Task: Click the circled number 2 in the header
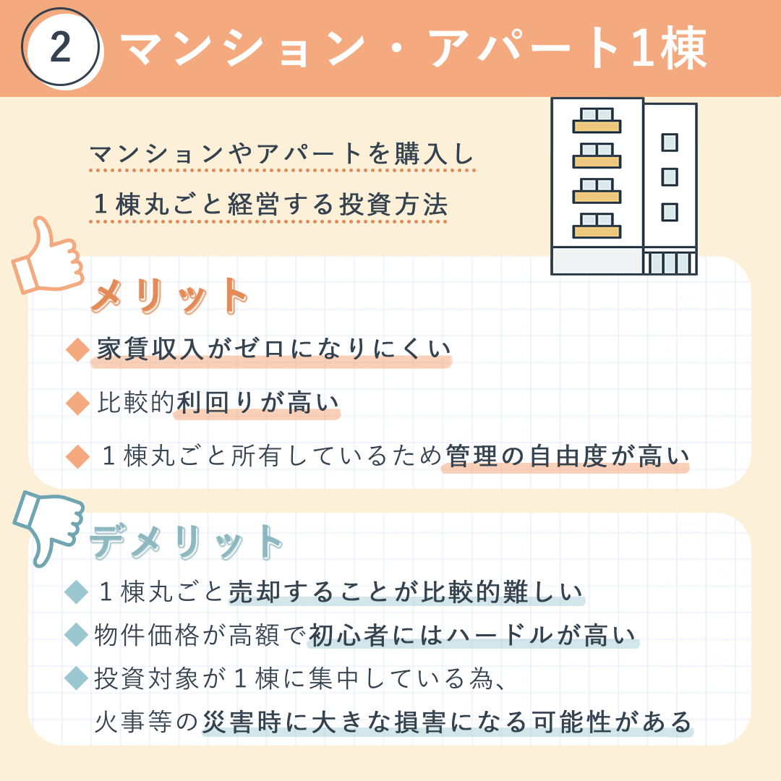[x=60, y=47]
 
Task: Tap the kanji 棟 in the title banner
[x=684, y=48]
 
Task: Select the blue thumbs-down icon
[x=48, y=528]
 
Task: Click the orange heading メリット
[x=169, y=296]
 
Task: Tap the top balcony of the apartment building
[x=597, y=121]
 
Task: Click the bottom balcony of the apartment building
[x=597, y=226]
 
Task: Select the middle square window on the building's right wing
[x=670, y=177]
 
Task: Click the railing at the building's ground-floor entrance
[x=670, y=263]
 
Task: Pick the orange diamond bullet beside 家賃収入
[x=77, y=349]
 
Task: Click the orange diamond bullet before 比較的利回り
[x=77, y=403]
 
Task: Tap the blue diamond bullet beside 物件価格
[x=77, y=635]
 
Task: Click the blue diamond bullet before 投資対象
[x=77, y=678]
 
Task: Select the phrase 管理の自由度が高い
[x=568, y=456]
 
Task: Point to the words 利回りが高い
[x=257, y=403]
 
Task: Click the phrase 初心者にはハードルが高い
[x=472, y=635]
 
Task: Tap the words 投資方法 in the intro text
[x=393, y=204]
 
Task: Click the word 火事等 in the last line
[x=133, y=722]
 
